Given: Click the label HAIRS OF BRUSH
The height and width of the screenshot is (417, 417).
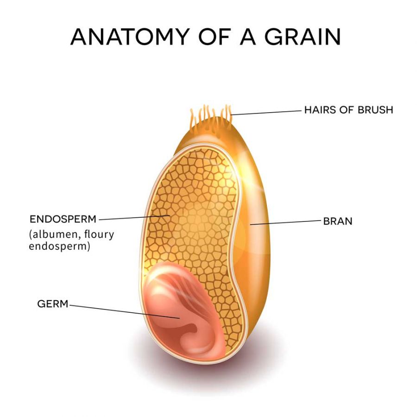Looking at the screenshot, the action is click(x=348, y=110).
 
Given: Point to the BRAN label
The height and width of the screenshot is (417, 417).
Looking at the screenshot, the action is click(x=338, y=221).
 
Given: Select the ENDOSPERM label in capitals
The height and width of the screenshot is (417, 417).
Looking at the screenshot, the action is click(x=63, y=220).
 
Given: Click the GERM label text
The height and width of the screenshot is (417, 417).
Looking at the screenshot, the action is click(x=53, y=303).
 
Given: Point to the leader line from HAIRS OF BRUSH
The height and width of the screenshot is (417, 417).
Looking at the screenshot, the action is click(x=266, y=112).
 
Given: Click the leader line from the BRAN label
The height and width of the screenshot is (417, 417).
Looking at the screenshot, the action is click(x=285, y=222).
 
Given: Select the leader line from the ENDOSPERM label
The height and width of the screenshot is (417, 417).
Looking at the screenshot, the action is click(x=134, y=218).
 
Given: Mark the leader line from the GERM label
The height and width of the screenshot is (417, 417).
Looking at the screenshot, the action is click(x=124, y=311).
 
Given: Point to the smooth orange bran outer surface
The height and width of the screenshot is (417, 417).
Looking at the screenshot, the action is click(x=255, y=240).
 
